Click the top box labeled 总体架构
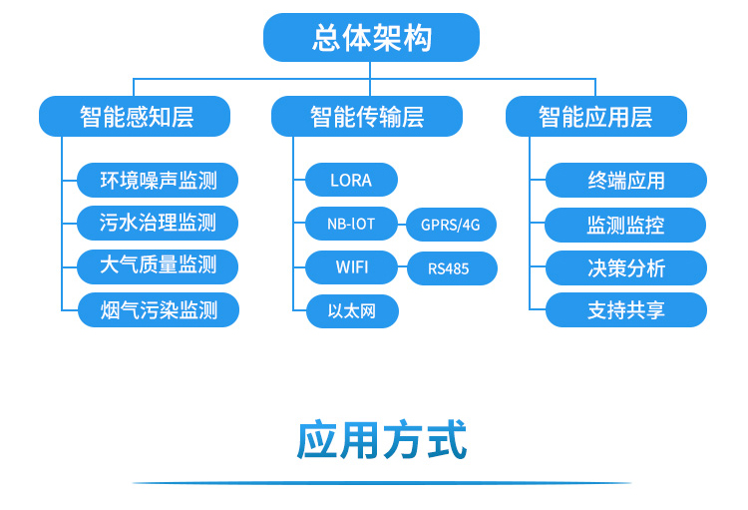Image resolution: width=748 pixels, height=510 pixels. click(371, 38)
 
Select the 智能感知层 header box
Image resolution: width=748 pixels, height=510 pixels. click(135, 117)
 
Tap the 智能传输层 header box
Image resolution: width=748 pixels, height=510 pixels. click(367, 117)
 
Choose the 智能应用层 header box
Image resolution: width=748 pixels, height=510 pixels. click(595, 117)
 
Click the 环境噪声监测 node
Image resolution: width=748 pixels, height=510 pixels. click(158, 181)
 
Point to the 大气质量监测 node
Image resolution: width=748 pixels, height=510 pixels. click(158, 266)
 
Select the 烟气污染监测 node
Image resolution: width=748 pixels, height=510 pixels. click(158, 310)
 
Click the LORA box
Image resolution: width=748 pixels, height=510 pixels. click(351, 181)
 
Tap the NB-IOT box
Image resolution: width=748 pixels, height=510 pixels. click(351, 225)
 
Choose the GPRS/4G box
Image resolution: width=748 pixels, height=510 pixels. click(451, 226)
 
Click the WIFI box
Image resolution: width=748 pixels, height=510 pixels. click(351, 267)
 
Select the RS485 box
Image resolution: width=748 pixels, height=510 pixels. click(451, 268)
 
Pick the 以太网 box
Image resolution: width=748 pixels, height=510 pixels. click(351, 311)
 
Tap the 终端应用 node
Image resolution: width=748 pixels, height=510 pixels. click(625, 181)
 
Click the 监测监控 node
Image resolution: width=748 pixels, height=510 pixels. click(625, 226)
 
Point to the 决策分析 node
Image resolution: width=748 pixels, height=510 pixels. click(625, 268)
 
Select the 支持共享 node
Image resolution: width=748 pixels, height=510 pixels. click(625, 310)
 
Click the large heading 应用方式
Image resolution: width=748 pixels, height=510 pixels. click(382, 440)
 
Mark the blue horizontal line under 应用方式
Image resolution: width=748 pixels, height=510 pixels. click(382, 483)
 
